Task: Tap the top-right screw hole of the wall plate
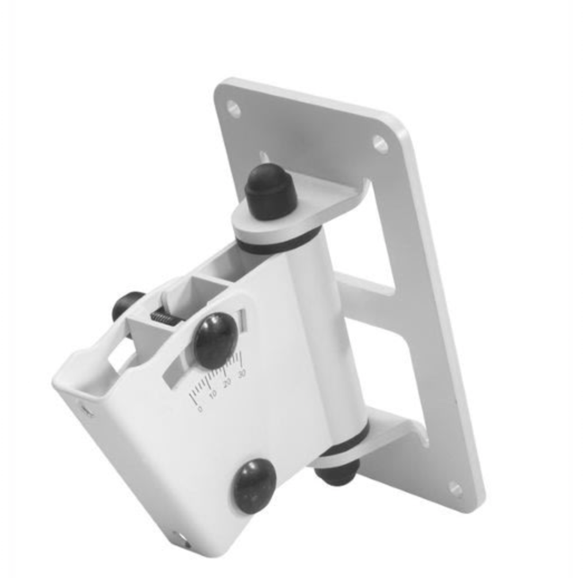pyautogui.click(x=380, y=144)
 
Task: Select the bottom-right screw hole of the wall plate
pyautogui.click(x=456, y=488)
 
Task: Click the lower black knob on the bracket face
pyautogui.click(x=254, y=485)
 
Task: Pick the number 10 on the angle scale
pyautogui.click(x=213, y=395)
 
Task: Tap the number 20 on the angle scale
pyautogui.click(x=227, y=383)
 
